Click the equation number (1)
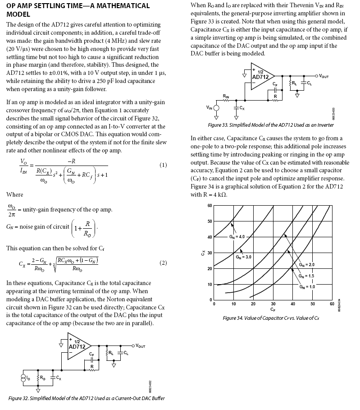click(164, 165)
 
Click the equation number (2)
click(164, 263)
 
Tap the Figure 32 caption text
click(87, 398)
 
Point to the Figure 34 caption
click(271, 318)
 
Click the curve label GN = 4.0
click(237, 236)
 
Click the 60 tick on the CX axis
click(210, 206)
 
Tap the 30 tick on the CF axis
click(273, 304)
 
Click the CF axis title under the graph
click(273, 310)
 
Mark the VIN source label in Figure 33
click(209, 107)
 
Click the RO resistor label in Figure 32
click(43, 377)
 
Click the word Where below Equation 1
click(14, 194)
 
